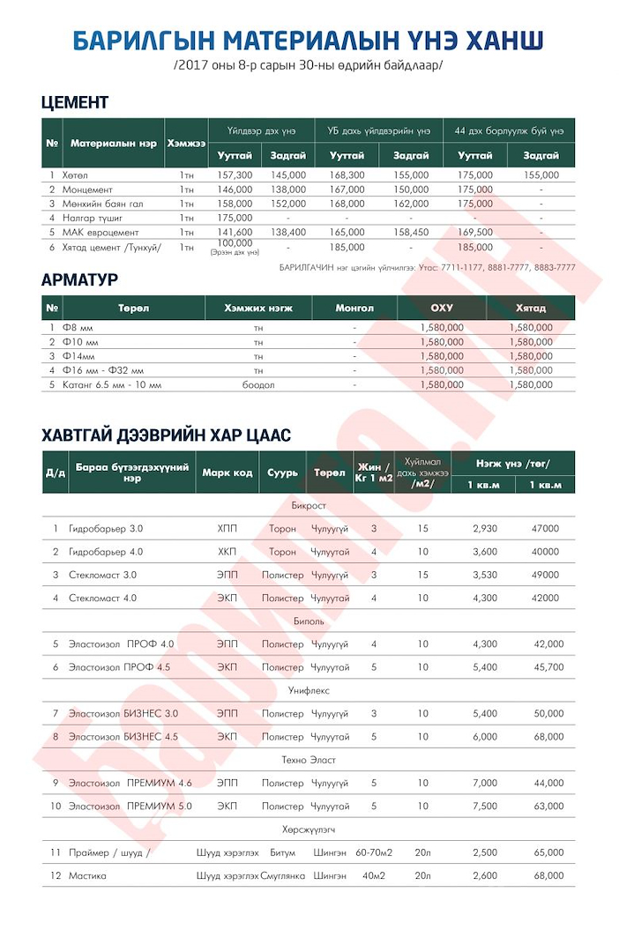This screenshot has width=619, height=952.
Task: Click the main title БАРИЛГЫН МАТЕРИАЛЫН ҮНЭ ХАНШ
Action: [308, 41]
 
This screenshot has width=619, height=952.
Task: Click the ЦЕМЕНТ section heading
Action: [75, 102]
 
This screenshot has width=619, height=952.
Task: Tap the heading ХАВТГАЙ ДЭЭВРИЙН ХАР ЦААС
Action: [166, 435]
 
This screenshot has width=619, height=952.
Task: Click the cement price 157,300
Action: [235, 175]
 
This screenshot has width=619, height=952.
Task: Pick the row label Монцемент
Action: [87, 190]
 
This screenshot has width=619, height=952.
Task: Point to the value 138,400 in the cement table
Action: [288, 232]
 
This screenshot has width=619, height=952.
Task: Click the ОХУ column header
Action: [441, 309]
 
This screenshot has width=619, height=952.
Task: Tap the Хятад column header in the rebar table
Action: [531, 309]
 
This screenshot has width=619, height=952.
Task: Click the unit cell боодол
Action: [258, 384]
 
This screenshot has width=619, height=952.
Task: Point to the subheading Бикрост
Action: [309, 506]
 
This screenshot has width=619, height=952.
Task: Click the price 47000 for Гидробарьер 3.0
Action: [545, 529]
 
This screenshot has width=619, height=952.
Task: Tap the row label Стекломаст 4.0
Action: [102, 598]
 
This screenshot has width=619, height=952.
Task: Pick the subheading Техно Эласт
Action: [309, 760]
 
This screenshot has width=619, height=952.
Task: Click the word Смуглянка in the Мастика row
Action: [282, 875]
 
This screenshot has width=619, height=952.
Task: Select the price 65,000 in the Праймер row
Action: [548, 852]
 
